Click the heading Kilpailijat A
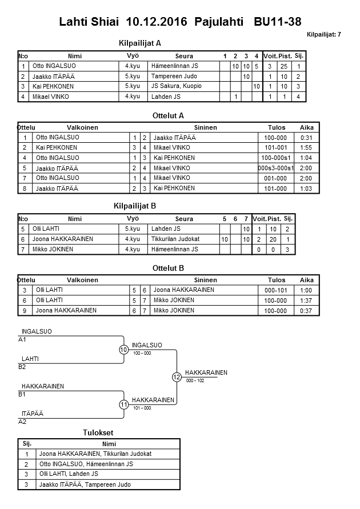[140, 43]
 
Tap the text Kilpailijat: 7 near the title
[323, 34]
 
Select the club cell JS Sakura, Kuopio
[176, 86]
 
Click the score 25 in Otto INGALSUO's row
[283, 66]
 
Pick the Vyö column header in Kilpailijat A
[133, 56]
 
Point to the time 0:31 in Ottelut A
[306, 138]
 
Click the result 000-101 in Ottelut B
[275, 290]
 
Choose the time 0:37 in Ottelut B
[306, 310]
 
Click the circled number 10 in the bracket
[123, 350]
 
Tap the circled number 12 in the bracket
[177, 377]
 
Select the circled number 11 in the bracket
[123, 404]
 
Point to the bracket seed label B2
[22, 367]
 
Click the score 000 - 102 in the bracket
[195, 380]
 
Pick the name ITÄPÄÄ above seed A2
[32, 414]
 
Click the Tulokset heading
[100, 432]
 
